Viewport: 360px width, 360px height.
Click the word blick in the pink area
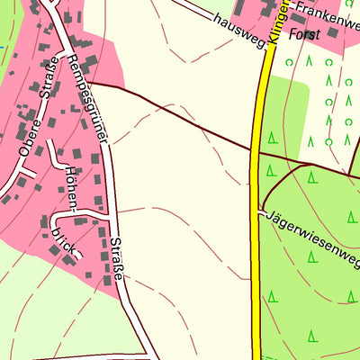click(64, 236)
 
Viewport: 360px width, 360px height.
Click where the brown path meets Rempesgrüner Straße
click(91, 84)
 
